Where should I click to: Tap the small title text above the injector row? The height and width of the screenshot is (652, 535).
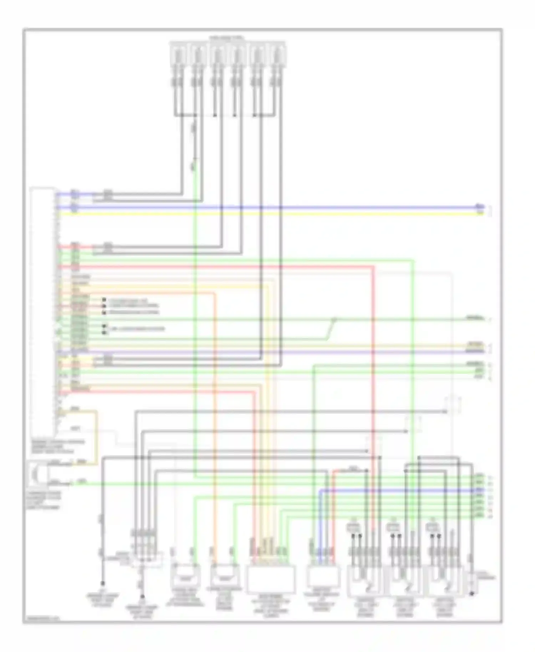coord(227,37)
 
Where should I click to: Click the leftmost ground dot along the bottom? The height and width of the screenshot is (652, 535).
coord(103,584)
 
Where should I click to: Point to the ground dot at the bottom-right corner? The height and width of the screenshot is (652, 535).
coord(472,594)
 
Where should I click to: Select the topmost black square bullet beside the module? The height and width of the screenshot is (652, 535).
coord(104,300)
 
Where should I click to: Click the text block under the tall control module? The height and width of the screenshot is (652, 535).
coord(59,447)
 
